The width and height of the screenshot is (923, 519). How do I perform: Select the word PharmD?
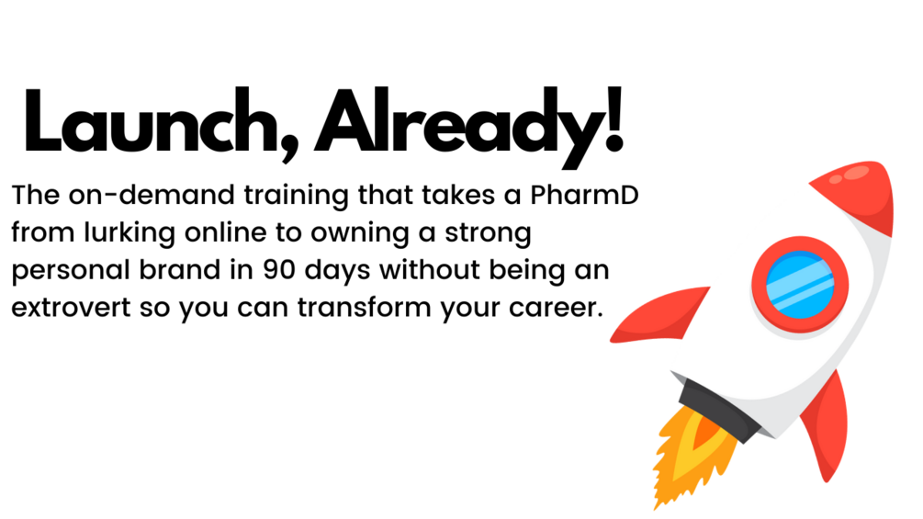coord(584,195)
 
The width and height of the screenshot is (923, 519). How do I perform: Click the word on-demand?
coord(152,195)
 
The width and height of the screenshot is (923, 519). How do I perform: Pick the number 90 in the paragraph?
coord(280,270)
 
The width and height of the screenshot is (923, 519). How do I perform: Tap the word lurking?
coord(129,233)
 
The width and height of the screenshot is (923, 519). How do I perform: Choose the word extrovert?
coord(71,308)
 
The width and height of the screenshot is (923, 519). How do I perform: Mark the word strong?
coord(488,233)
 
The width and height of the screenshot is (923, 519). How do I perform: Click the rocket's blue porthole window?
coord(800,284)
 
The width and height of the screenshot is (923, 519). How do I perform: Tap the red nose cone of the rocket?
coord(861,191)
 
